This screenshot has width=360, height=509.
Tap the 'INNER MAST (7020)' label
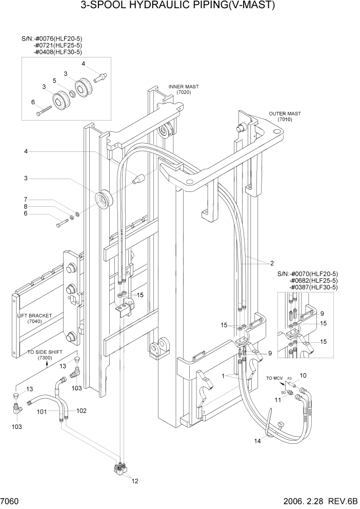pos(183,90)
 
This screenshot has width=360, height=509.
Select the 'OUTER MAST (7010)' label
pos(285,116)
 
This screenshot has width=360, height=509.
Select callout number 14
pos(258,440)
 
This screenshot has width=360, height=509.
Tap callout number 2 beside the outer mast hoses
pos(272,263)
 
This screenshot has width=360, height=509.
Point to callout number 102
pos(82,410)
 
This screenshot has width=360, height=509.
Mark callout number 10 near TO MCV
pos(303,376)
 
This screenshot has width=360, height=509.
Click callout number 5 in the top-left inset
pos(54,81)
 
